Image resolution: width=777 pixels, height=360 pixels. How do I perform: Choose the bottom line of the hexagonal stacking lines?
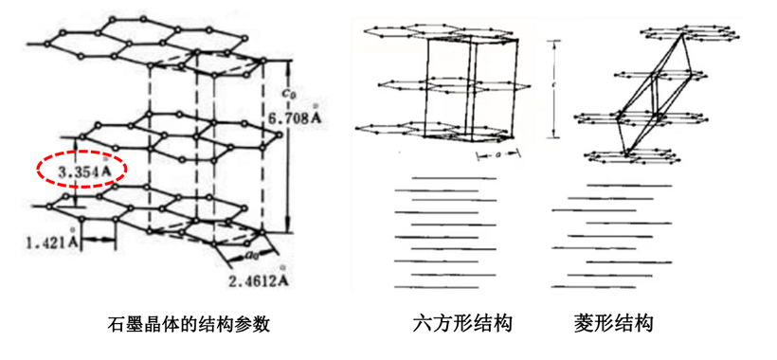pyautogui.click(x=445, y=286)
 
